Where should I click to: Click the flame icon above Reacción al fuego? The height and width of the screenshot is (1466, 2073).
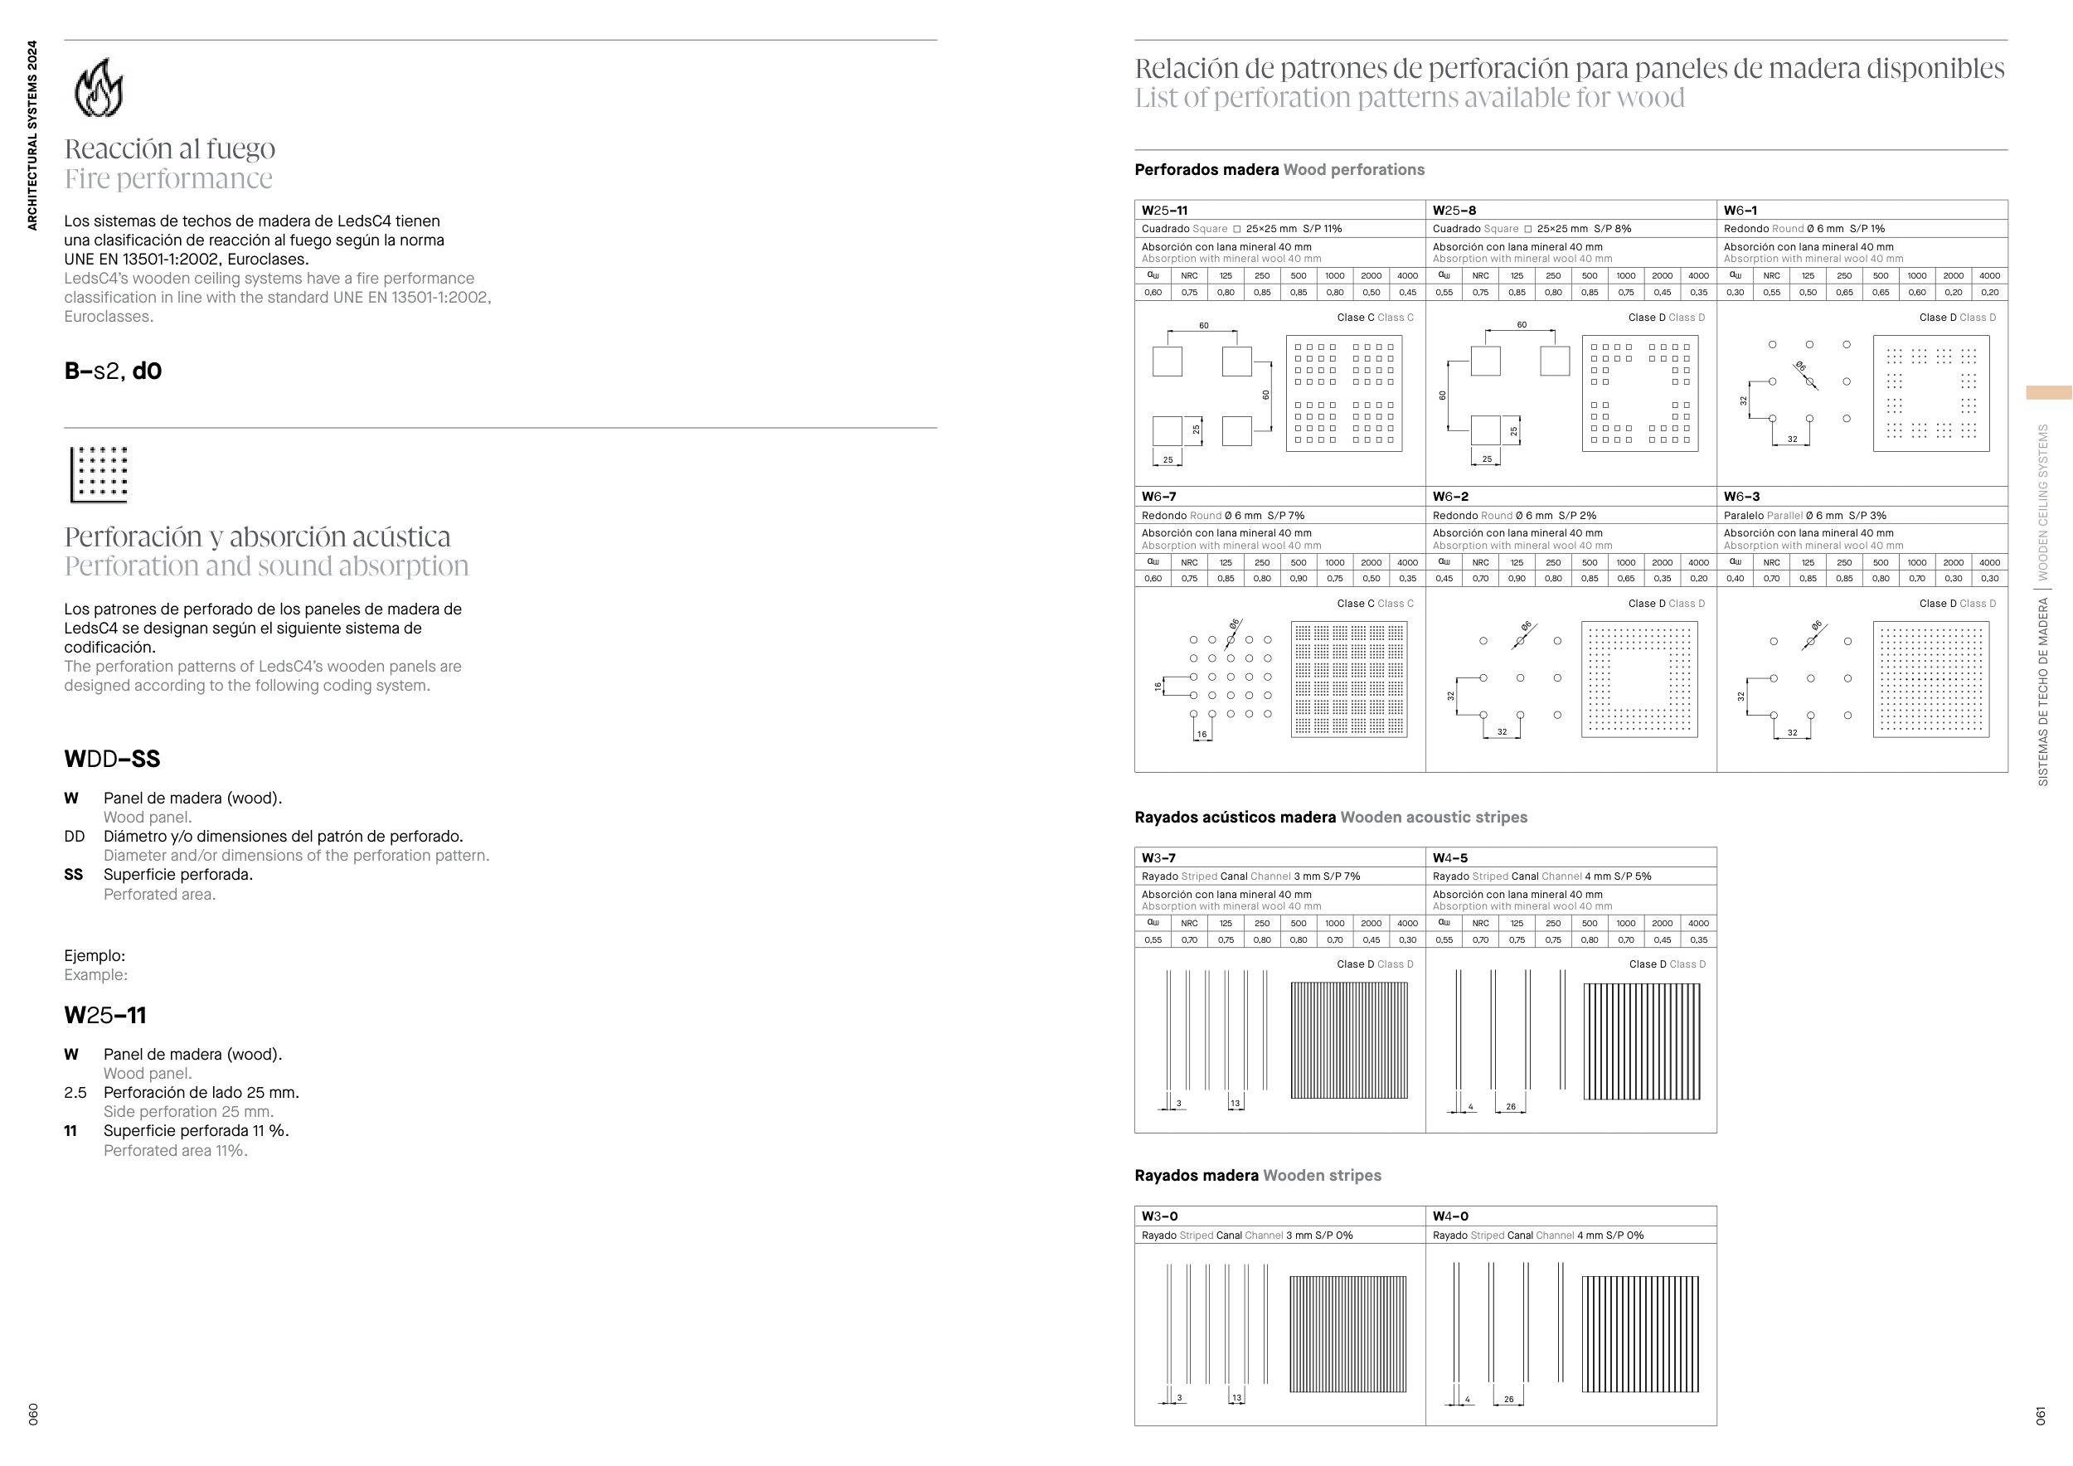pyautogui.click(x=99, y=88)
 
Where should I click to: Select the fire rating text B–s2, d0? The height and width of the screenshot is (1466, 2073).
pyautogui.click(x=113, y=371)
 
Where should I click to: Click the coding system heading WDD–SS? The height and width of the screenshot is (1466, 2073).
pyautogui.click(x=112, y=760)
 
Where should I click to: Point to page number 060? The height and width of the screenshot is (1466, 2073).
pyautogui.click(x=32, y=1415)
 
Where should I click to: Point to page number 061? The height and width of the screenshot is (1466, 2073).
pyautogui.click(x=2041, y=1415)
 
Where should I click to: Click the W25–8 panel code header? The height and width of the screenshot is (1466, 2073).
pyautogui.click(x=1454, y=211)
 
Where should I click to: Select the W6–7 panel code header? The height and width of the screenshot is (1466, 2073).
pyautogui.click(x=1158, y=497)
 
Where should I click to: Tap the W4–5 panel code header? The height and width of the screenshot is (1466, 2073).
pyautogui.click(x=1450, y=857)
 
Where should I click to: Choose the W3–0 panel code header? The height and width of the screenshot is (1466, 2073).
pyautogui.click(x=1159, y=1216)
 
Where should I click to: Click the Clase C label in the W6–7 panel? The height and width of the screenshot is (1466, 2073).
pyautogui.click(x=1355, y=603)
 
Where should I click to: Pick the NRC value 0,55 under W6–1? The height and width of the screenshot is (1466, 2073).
pyautogui.click(x=1771, y=293)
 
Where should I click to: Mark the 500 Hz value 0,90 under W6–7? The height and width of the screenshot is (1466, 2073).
pyautogui.click(x=1299, y=579)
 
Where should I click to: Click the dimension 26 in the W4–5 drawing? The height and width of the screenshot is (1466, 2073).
pyautogui.click(x=1511, y=1107)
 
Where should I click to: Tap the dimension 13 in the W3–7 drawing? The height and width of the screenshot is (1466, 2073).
pyautogui.click(x=1236, y=1103)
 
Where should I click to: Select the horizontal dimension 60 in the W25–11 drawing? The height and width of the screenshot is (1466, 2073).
pyautogui.click(x=1203, y=326)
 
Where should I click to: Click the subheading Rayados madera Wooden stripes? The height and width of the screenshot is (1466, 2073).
pyautogui.click(x=1258, y=1175)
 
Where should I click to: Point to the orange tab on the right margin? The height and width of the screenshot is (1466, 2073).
pyautogui.click(x=2049, y=393)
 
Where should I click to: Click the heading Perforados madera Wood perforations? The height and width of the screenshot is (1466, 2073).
pyautogui.click(x=1279, y=170)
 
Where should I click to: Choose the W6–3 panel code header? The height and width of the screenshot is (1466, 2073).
pyautogui.click(x=1740, y=497)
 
